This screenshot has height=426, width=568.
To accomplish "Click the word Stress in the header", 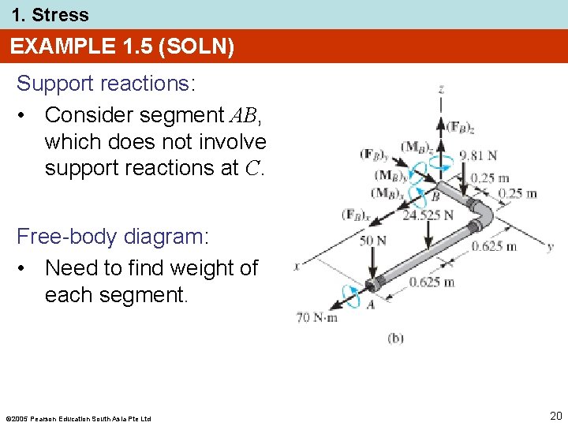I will click(60, 14).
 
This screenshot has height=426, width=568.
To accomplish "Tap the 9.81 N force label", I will click(478, 155).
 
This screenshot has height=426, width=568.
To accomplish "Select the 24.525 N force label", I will click(428, 215).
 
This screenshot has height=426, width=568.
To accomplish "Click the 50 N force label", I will click(372, 240).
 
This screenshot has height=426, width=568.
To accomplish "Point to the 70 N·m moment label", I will click(317, 318).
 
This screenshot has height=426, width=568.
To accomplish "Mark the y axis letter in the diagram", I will click(551, 246).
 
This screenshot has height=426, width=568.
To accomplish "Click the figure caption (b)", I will click(395, 338).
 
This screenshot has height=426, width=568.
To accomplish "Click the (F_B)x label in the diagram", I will click(357, 213).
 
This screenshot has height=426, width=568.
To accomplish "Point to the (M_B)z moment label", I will click(415, 147).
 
